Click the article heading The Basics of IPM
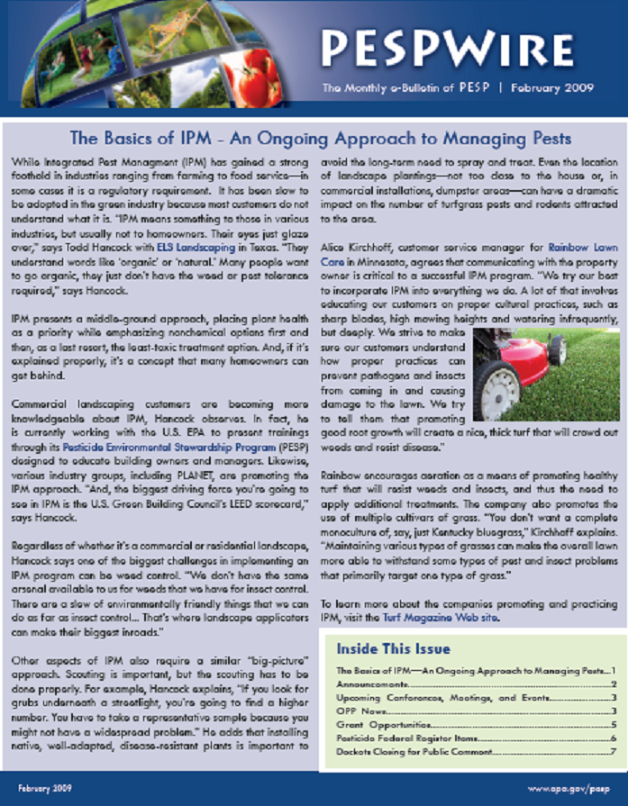click(x=320, y=140)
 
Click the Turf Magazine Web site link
click(x=460, y=620)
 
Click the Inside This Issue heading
click(x=393, y=648)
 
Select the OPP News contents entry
click(x=359, y=711)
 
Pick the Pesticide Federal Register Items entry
click(x=401, y=738)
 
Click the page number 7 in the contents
click(x=613, y=751)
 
